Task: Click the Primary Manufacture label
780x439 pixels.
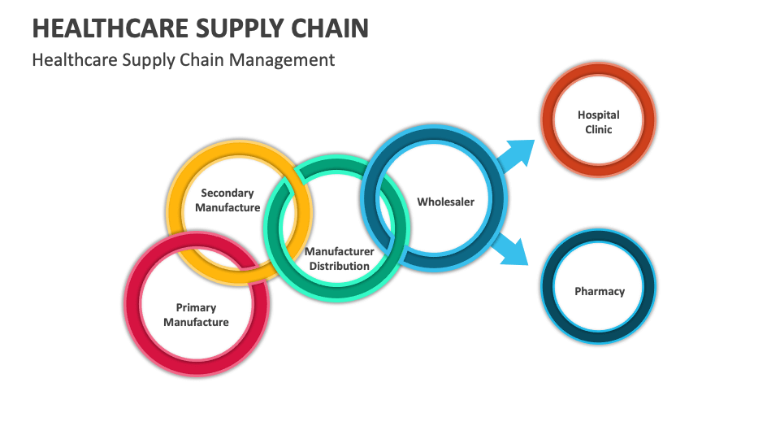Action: pos(196,315)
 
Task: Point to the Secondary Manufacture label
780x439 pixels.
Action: pos(227,200)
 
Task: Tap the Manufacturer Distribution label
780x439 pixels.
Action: pos(340,259)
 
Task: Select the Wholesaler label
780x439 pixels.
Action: pos(445,201)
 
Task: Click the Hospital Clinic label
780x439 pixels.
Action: pos(599,122)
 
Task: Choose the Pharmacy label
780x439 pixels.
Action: pos(600,291)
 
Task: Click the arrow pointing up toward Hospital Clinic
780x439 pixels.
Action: pos(515,154)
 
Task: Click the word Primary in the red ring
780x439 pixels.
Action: pos(196,307)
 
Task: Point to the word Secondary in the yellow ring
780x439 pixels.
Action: pos(227,193)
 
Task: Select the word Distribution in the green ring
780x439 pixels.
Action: pos(340,266)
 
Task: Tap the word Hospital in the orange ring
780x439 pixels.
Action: pos(599,115)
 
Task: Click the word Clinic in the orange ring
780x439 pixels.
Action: pos(599,129)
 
